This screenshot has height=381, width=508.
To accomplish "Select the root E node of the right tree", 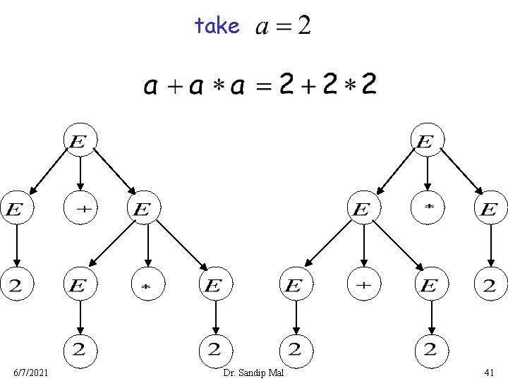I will pos(424,141).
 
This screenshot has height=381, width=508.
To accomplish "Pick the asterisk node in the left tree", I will pos(147,286).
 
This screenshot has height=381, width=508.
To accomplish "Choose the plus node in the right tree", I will pos(363,286).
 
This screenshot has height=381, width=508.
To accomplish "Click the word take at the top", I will pos(217,26).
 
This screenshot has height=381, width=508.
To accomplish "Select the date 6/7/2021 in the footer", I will pos(31,372).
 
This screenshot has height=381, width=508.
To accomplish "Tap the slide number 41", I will pos(490,372).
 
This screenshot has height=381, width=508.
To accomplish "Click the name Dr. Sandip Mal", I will pos(253,372).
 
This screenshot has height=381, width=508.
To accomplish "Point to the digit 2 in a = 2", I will pos(303,27).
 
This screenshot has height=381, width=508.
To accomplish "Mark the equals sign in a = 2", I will pos(282,28).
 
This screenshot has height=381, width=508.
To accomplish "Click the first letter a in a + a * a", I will pos(150,87).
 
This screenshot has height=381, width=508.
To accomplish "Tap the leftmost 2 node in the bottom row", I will pos(80,349).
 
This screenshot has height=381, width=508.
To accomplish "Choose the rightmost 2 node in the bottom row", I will pos(428,349).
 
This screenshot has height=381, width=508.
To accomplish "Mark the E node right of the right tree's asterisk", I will pos(489,209).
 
